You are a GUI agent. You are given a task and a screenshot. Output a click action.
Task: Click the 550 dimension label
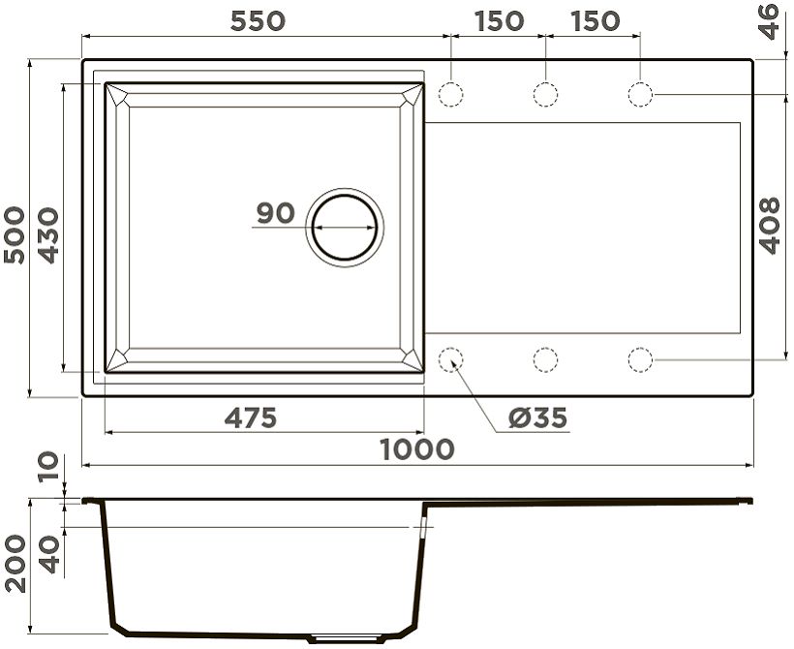pos(258,21)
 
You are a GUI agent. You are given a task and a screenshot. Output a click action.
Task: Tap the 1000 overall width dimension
pos(417,449)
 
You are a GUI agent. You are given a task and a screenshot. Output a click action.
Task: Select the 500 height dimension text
pos(15,234)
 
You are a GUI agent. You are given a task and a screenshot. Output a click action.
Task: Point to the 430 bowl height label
pos(48,235)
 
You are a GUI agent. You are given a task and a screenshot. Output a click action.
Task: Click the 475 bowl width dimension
pos(251,418)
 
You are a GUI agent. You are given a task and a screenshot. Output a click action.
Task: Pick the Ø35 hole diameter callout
pos(537,417)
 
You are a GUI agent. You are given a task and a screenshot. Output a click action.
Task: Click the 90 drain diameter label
pos(275,213)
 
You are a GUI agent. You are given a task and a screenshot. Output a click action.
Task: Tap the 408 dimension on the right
pos(769,226)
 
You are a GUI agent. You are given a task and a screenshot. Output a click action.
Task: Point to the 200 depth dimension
pos(15,564)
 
